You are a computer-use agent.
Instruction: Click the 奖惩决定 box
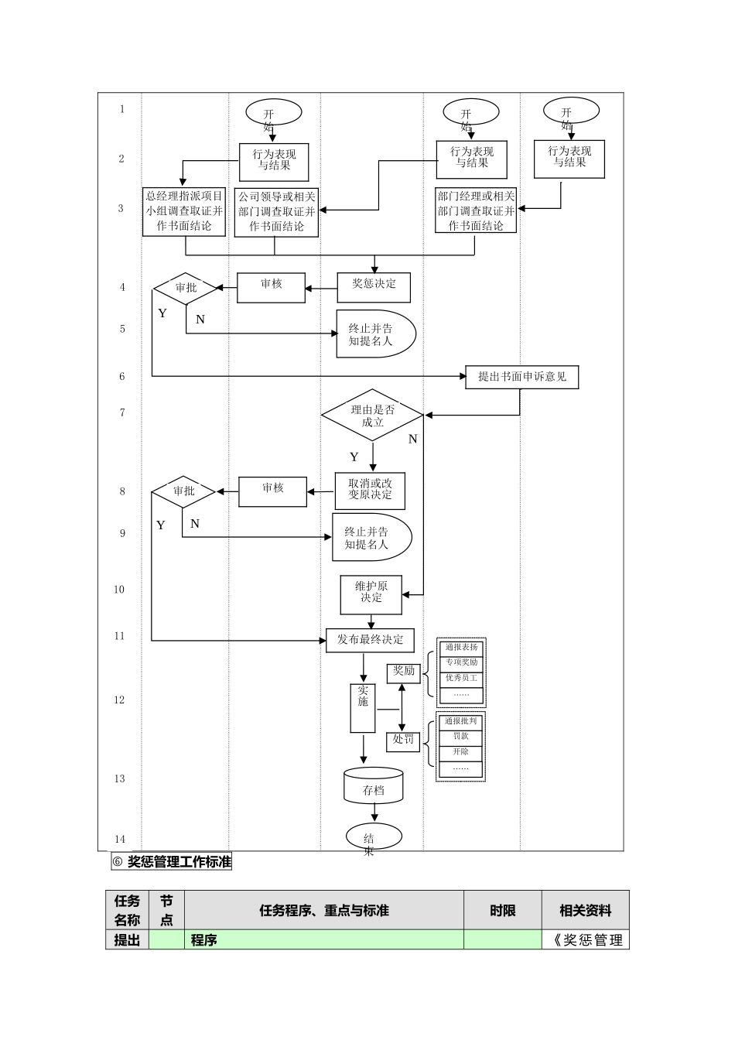(x=374, y=287)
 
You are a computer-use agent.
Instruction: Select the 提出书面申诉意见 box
(x=521, y=378)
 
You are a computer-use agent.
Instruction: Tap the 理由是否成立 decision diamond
(x=372, y=416)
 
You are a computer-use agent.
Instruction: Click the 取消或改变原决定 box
(x=370, y=490)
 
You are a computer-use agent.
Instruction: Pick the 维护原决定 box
(x=371, y=594)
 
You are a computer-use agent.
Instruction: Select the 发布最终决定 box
(x=370, y=640)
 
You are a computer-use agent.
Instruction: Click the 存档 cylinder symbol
(x=374, y=786)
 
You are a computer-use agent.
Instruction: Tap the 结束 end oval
(x=374, y=837)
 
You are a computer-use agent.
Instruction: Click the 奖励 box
(x=404, y=672)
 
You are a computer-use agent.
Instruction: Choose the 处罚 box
(x=404, y=741)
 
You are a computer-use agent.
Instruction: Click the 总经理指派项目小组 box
(x=185, y=211)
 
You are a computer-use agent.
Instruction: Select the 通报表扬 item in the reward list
(x=461, y=648)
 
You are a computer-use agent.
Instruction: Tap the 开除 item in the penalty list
(x=461, y=753)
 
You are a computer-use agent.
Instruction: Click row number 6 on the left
(x=121, y=377)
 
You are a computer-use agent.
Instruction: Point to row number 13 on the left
(x=120, y=779)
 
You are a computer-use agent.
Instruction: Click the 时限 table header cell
(x=503, y=911)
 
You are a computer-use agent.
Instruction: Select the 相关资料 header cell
(x=586, y=911)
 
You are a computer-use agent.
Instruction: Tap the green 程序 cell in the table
(x=324, y=940)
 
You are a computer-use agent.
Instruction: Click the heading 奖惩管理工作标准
(x=179, y=862)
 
